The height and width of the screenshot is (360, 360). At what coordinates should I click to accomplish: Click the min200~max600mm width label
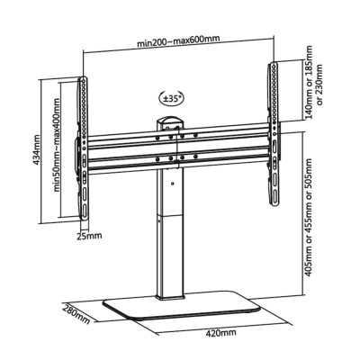(179, 41)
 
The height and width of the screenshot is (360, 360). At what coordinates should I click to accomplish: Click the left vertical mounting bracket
(86, 144)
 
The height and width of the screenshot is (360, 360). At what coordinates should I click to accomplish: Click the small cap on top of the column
(169, 121)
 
